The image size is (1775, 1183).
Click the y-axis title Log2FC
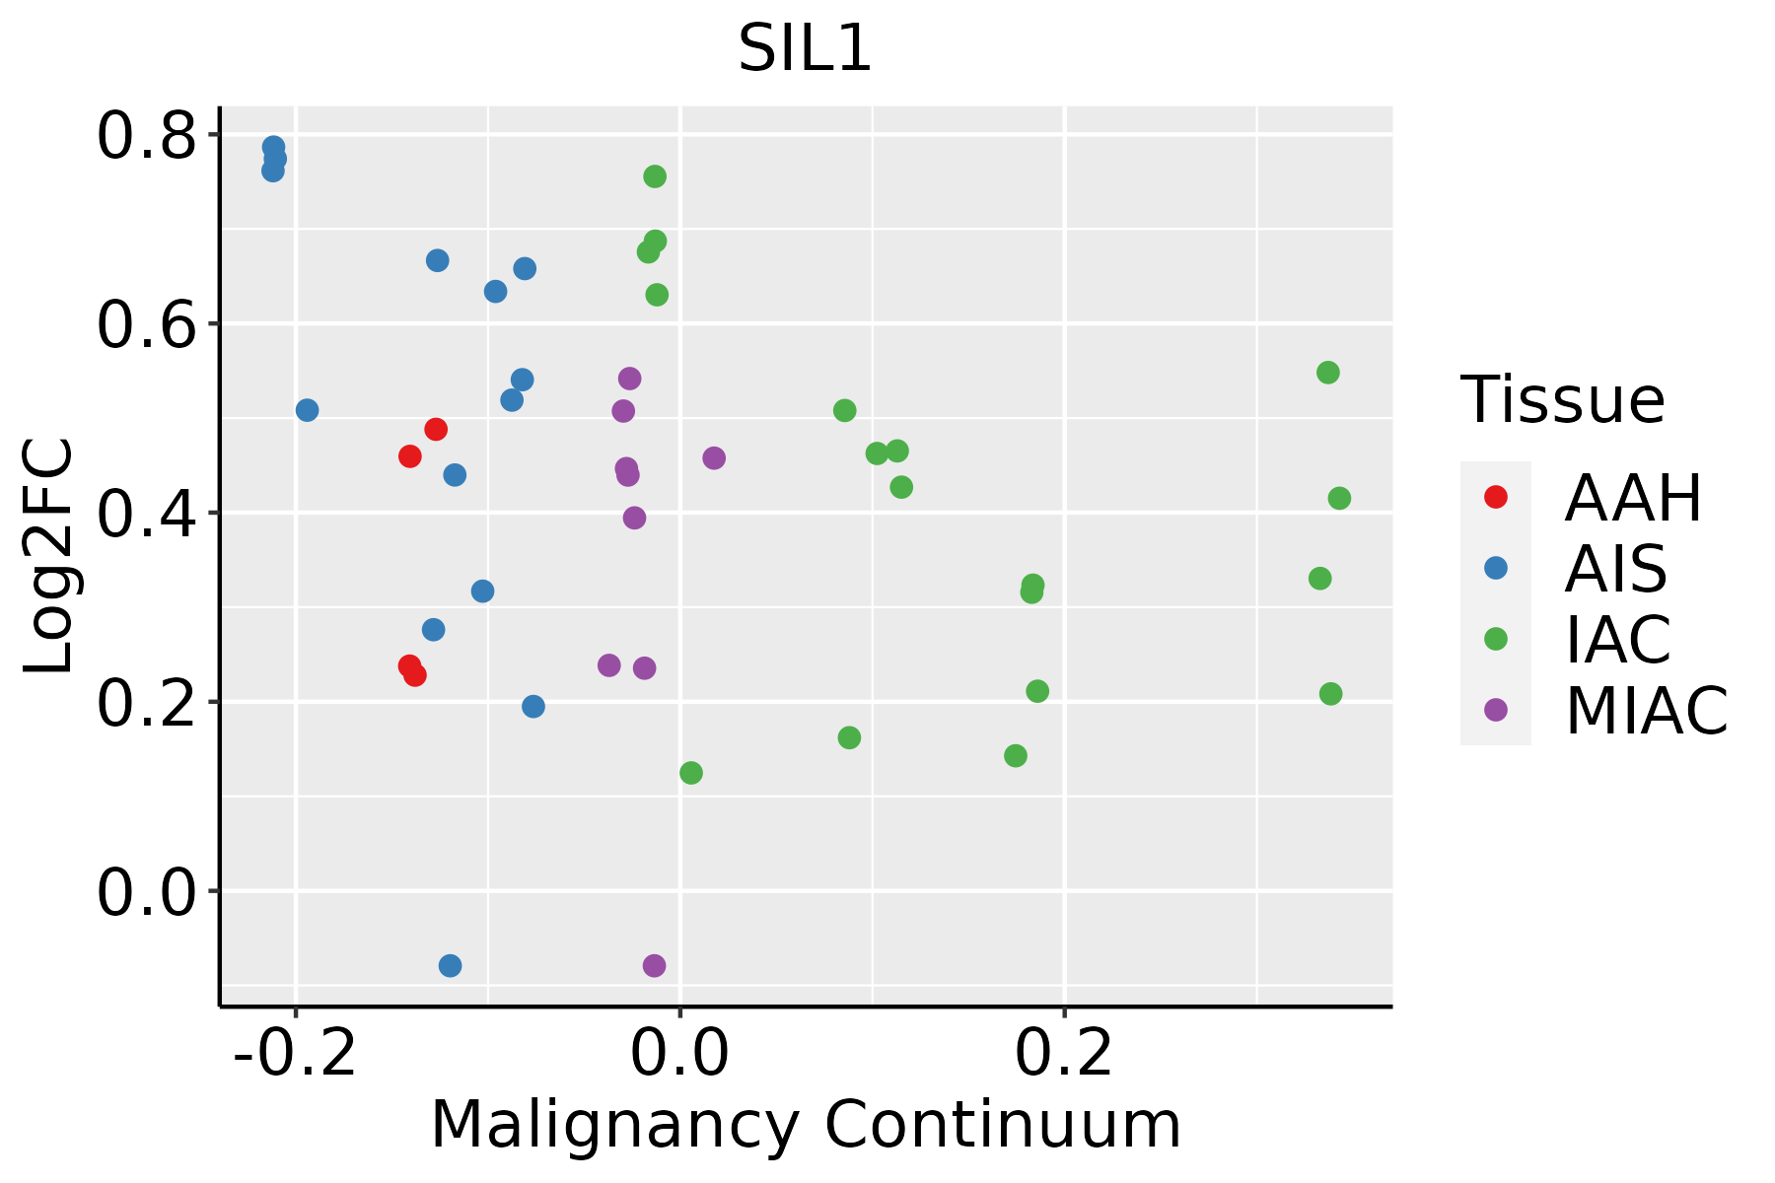point(49,556)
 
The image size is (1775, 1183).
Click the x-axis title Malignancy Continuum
point(806,1126)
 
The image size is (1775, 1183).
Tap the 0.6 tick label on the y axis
point(146,325)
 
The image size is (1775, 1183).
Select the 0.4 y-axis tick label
point(146,515)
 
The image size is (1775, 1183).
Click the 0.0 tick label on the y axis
point(146,893)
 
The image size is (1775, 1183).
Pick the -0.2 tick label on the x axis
point(295,1054)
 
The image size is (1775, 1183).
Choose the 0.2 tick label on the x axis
point(1064,1054)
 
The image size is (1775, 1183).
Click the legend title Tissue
point(1563,400)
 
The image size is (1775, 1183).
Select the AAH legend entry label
point(1633,498)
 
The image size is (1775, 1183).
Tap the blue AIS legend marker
point(1496,568)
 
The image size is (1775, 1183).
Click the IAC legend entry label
point(1618,640)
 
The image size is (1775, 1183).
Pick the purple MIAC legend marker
point(1496,710)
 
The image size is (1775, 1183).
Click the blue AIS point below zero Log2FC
point(450,965)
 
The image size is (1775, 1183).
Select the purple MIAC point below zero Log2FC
point(654,965)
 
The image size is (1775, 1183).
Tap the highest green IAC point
point(655,176)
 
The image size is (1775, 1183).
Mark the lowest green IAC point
point(691,773)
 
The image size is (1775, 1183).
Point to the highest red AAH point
point(436,429)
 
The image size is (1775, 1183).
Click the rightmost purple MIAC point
point(714,457)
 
